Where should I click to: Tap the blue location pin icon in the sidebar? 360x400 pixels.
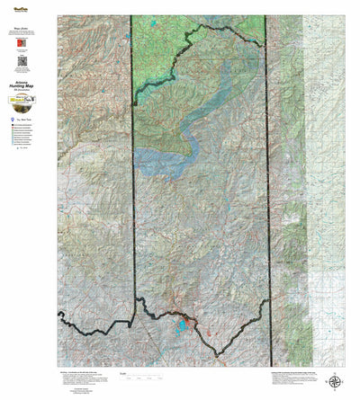click(x=15, y=117)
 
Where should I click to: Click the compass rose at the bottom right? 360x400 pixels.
click(x=335, y=382)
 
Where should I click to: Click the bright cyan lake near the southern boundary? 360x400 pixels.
click(x=184, y=324)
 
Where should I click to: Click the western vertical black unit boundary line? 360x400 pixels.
click(x=133, y=180)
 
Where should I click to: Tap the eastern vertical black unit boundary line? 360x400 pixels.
click(x=267, y=180)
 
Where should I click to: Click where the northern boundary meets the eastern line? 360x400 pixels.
click(x=266, y=45)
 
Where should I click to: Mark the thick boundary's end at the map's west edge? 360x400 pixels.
click(x=60, y=314)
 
